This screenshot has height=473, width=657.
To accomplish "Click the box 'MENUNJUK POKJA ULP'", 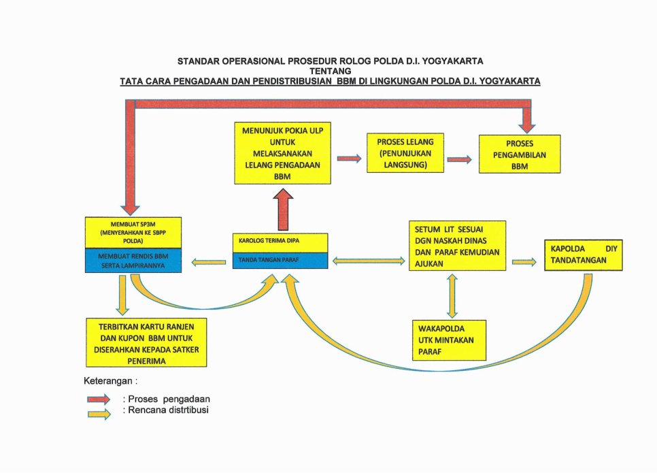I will pyautogui.click(x=282, y=153).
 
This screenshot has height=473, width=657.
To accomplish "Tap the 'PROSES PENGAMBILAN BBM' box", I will pyautogui.click(x=520, y=154).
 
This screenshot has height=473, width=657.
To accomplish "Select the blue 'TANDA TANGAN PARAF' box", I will pyautogui.click(x=280, y=260).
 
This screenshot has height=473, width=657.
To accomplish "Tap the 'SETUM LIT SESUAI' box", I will pyautogui.click(x=457, y=246).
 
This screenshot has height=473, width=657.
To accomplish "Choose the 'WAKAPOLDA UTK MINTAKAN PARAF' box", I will pyautogui.click(x=449, y=340).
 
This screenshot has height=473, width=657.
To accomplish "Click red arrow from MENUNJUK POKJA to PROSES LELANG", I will pyautogui.click(x=349, y=159).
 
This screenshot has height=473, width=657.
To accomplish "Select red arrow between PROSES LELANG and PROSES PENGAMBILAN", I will pyautogui.click(x=459, y=160).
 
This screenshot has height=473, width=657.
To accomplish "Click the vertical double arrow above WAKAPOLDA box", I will pyautogui.click(x=452, y=295).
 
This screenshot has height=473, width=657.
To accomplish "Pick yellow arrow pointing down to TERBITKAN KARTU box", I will pyautogui.click(x=122, y=295).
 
